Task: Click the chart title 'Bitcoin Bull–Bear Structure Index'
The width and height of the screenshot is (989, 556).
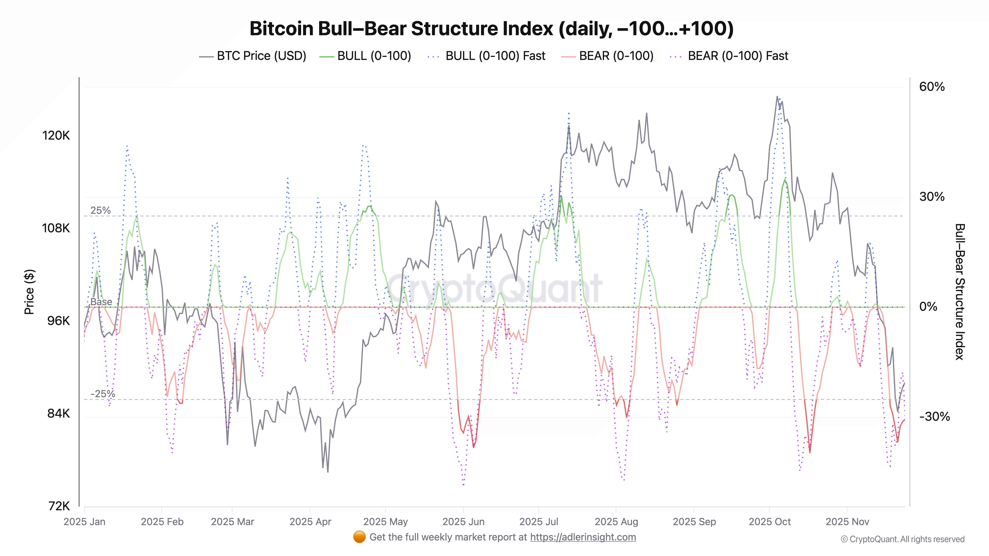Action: [x=492, y=29]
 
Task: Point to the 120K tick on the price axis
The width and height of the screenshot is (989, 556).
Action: [x=56, y=135]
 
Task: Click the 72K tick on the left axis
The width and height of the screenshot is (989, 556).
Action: [x=59, y=506]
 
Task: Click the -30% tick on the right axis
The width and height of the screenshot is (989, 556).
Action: [x=934, y=416]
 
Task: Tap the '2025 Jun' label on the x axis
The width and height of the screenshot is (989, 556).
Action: [x=463, y=522]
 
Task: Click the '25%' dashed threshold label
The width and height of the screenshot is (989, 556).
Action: [x=100, y=210]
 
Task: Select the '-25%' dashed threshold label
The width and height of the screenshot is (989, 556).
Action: [x=103, y=394]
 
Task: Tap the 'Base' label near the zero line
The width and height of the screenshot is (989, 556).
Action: [x=101, y=302]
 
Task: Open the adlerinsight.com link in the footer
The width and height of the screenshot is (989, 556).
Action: [x=583, y=537]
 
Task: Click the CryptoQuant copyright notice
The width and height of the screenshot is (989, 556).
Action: [x=902, y=539]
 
